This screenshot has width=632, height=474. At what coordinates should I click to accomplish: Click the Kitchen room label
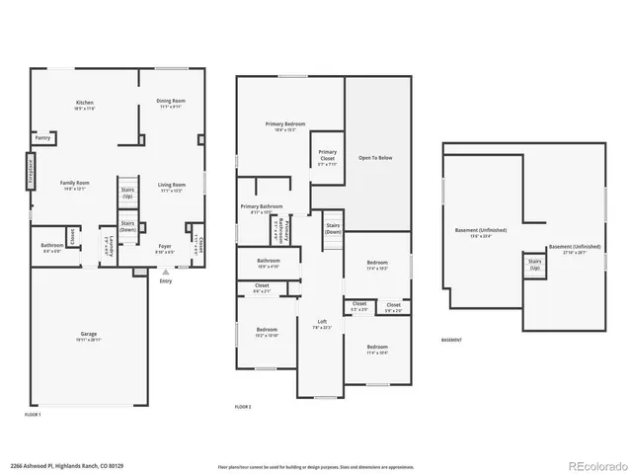86,105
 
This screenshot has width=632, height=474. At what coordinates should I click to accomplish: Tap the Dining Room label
171,103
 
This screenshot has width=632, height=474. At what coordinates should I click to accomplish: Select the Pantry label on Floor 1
43,138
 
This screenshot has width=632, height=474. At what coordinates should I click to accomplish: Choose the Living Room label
172,187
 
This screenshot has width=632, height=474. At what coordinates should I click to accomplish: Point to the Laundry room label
108,246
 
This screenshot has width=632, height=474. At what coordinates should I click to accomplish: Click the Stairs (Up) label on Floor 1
127,194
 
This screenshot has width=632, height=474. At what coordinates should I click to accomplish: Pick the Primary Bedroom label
284,126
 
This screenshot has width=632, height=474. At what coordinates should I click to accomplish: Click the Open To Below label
377,158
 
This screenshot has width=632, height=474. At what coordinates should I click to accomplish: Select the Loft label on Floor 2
321,324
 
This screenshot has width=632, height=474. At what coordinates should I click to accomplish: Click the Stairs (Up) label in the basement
535,266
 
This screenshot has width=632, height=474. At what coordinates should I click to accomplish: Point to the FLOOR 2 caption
243,407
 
